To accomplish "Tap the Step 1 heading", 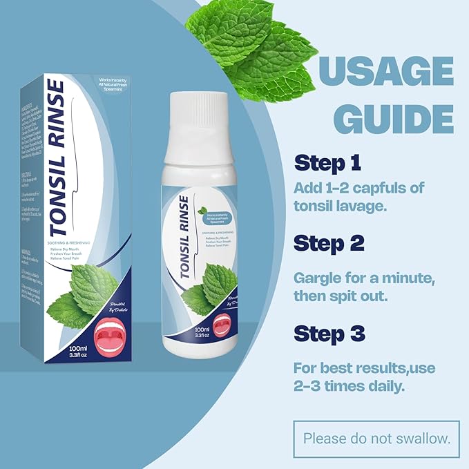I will [x=328, y=164].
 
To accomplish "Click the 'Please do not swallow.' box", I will [x=377, y=437].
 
